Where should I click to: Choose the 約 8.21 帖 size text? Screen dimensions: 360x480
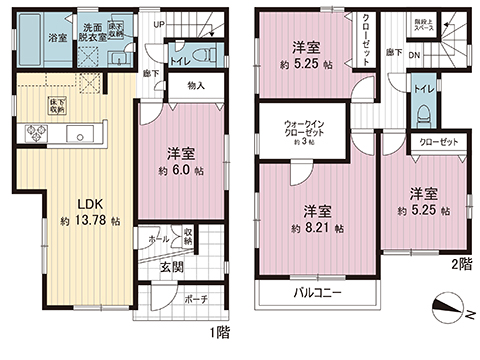coord(316,229)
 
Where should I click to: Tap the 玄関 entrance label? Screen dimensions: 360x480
coord(171,267)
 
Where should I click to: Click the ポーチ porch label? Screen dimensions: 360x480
coord(196,298)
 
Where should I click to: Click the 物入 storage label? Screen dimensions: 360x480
coord(195,86)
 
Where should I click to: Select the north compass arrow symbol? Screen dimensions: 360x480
coord(447,307)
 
